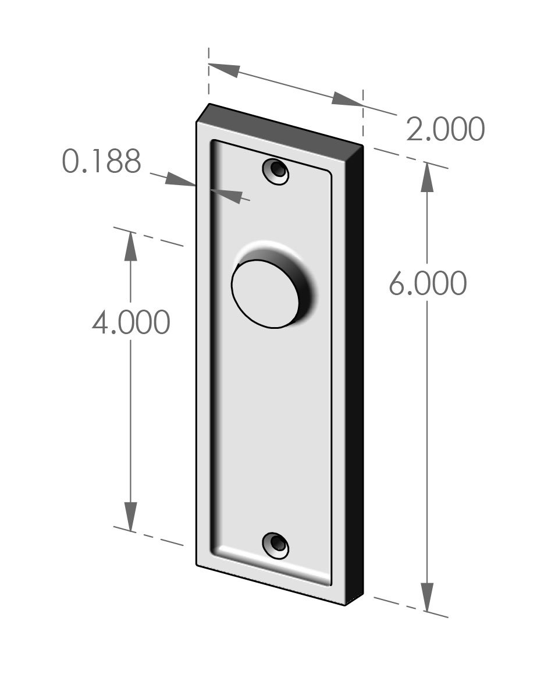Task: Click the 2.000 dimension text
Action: pyautogui.click(x=445, y=129)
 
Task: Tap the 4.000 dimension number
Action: pyautogui.click(x=131, y=322)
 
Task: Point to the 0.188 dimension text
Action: pyautogui.click(x=102, y=162)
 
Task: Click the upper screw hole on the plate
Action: pyautogui.click(x=277, y=171)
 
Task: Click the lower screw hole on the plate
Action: pyautogui.click(x=277, y=544)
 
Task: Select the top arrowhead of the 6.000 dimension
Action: pyautogui.click(x=428, y=178)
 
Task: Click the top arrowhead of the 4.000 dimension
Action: pyautogui.click(x=130, y=247)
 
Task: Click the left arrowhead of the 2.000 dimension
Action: pyautogui.click(x=224, y=69)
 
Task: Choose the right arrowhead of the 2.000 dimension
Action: pyautogui.click(x=346, y=100)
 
